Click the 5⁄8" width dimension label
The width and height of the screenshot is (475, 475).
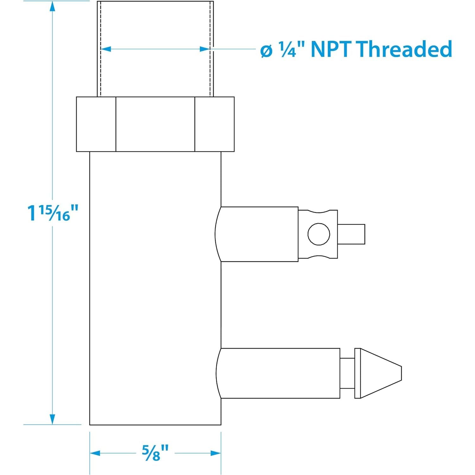(155, 453)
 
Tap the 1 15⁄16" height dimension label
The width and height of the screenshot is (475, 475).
(53, 213)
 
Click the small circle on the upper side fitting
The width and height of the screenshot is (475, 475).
(319, 234)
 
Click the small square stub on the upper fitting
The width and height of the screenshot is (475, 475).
(351, 234)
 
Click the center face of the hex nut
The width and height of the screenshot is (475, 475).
(155, 124)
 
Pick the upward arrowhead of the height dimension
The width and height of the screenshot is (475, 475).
(53, 8)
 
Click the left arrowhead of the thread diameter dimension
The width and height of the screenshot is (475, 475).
(106, 49)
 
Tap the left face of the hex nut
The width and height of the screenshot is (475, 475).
(96, 124)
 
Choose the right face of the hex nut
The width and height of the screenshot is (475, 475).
(214, 124)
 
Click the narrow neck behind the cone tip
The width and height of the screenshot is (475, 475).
(347, 373)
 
